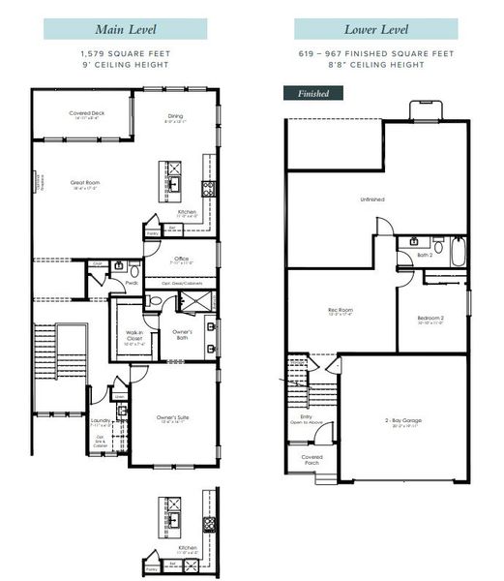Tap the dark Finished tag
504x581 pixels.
(x=311, y=94)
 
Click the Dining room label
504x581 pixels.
(x=174, y=118)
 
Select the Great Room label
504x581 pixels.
(x=86, y=182)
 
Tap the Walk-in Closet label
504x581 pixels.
(x=133, y=336)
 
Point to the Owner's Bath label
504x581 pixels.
(x=183, y=333)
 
